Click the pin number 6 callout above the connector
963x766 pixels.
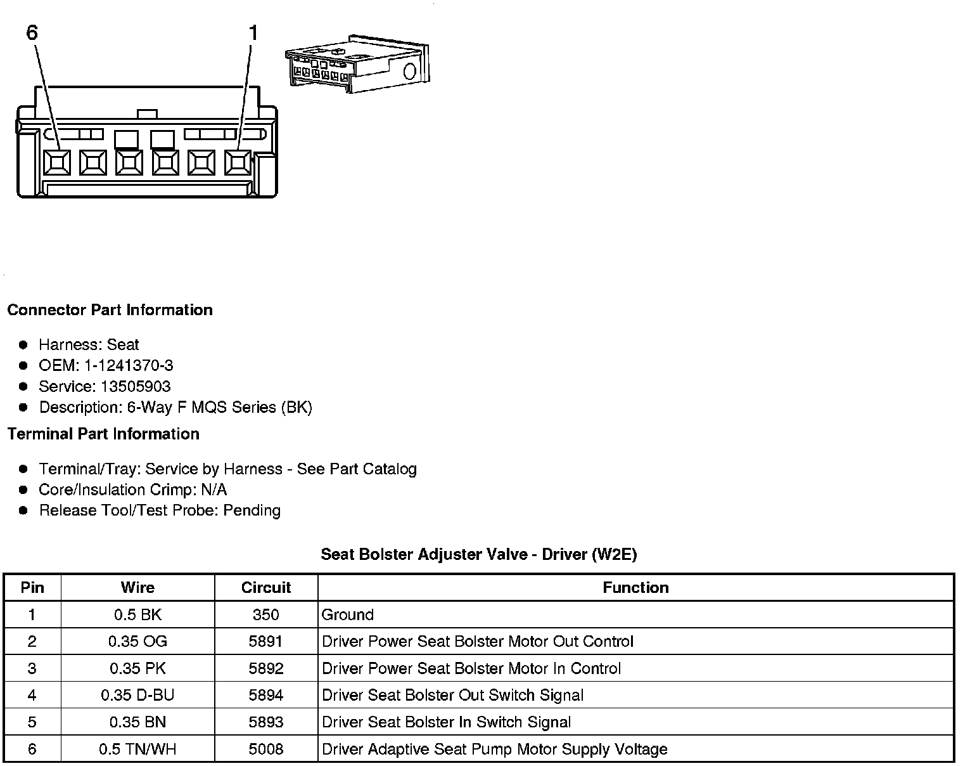(x=32, y=32)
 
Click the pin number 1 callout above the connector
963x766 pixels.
(x=253, y=33)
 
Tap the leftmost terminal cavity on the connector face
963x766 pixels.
(x=57, y=163)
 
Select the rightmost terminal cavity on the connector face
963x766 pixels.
(x=238, y=163)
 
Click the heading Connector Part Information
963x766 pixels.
(x=110, y=310)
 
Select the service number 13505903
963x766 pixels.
(x=136, y=387)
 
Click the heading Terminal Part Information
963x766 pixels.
(x=103, y=434)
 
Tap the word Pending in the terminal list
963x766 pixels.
(x=252, y=510)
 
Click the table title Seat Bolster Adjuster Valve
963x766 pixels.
(x=478, y=555)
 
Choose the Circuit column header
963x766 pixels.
(x=266, y=588)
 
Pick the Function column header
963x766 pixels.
(x=635, y=588)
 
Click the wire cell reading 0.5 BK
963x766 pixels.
(x=137, y=614)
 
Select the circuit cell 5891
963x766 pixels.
(x=266, y=642)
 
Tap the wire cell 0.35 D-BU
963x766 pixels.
(x=137, y=696)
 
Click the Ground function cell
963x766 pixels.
(x=348, y=614)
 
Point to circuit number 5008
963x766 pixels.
(x=266, y=750)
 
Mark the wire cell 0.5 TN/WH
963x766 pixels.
(x=137, y=750)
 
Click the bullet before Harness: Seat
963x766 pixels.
(x=23, y=345)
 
